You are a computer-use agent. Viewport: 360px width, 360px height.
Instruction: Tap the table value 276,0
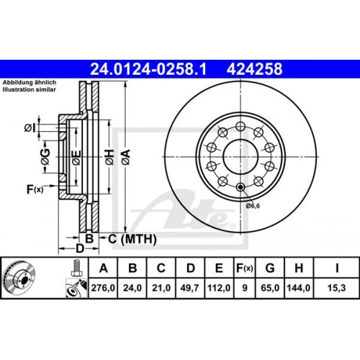pos(104,287)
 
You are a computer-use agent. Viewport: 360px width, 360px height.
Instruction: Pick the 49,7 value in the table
pos(190,287)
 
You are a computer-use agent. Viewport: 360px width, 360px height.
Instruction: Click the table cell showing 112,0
pos(218,287)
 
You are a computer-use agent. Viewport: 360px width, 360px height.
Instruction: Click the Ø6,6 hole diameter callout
pos(253,206)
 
